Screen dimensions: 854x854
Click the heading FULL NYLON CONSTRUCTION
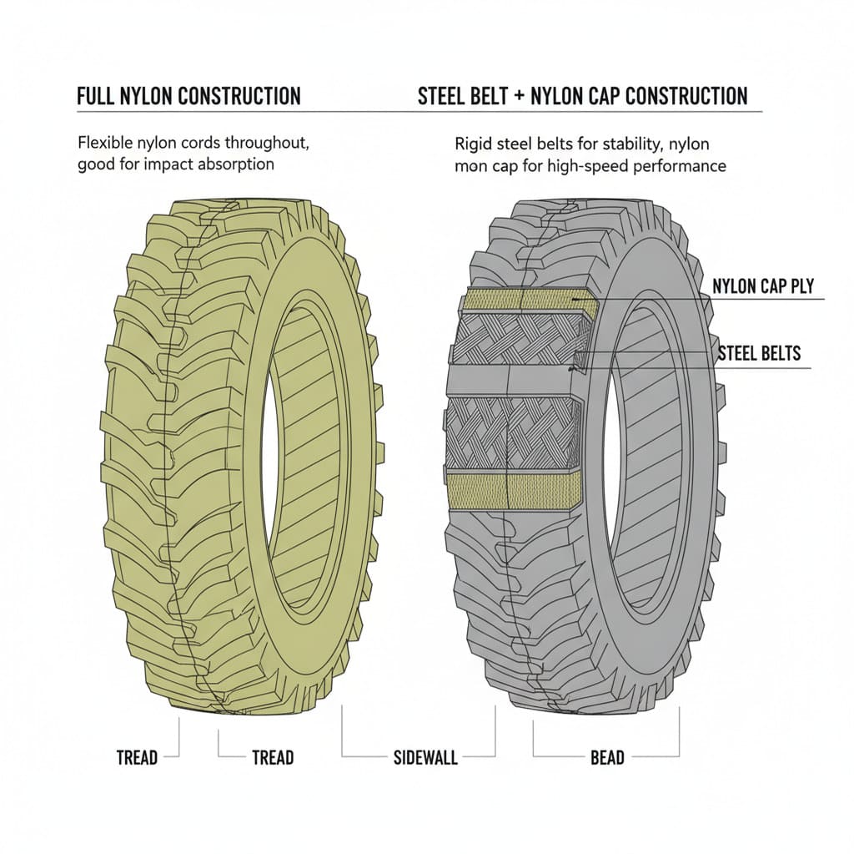click(x=188, y=96)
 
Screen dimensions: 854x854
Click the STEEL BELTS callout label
click(x=759, y=353)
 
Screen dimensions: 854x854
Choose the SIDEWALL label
click(x=425, y=758)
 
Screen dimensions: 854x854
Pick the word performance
click(x=684, y=165)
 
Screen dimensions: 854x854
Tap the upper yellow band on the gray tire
click(x=525, y=303)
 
